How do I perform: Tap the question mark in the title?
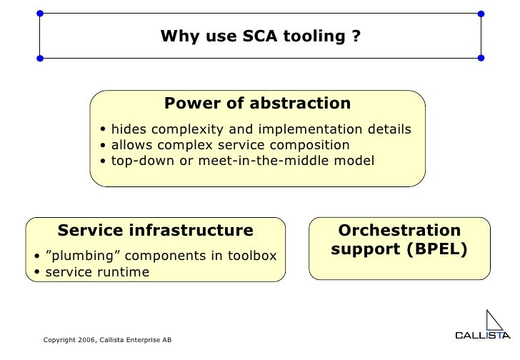click(x=356, y=36)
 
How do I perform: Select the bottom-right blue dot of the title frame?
click(x=481, y=57)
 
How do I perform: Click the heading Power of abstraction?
click(x=257, y=104)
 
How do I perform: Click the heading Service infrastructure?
click(x=155, y=231)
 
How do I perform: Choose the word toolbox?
click(x=251, y=256)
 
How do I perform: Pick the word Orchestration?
click(x=399, y=231)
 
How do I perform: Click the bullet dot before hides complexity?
click(x=104, y=130)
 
